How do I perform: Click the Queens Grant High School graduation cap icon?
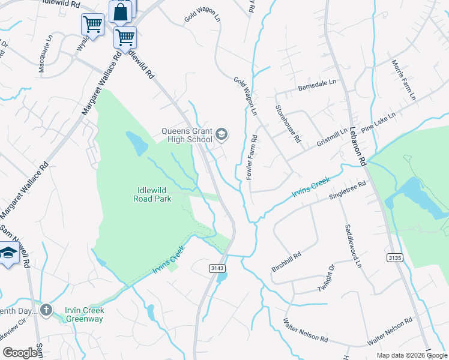(x=221, y=134)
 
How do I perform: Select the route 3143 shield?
(x=217, y=268)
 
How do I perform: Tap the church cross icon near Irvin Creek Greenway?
(x=46, y=310)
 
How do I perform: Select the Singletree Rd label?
(x=348, y=191)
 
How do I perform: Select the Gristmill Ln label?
(x=332, y=139)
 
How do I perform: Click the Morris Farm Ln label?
(x=403, y=80)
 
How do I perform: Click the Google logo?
(x=20, y=353)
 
